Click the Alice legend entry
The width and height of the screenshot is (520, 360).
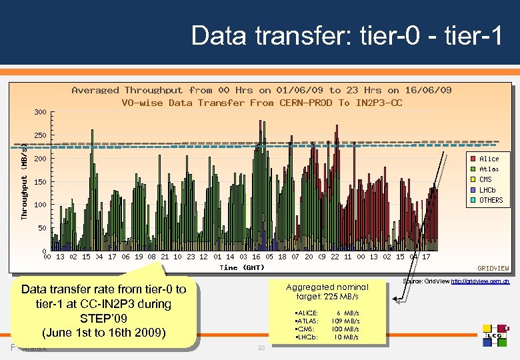[x=488, y=159]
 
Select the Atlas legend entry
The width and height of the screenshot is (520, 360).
[x=488, y=169]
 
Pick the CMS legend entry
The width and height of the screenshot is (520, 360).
[x=485, y=179]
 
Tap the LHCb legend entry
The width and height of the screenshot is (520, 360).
[x=487, y=190]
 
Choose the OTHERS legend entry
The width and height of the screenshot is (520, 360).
[x=490, y=200]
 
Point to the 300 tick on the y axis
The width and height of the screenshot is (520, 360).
[x=40, y=112]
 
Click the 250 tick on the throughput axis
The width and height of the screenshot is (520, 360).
[x=40, y=135]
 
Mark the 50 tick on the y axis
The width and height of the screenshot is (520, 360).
[x=42, y=228]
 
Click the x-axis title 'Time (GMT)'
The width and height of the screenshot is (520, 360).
[x=242, y=267]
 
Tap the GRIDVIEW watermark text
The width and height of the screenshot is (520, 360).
[x=493, y=268]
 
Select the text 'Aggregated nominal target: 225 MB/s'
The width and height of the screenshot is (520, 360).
[x=327, y=291]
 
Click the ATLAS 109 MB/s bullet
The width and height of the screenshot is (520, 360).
[x=327, y=321]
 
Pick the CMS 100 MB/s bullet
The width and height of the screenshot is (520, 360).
[x=327, y=329]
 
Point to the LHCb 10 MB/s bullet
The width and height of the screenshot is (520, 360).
[x=327, y=337]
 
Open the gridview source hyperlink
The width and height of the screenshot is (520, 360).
[x=481, y=282]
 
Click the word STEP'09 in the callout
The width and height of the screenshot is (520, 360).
[x=103, y=317]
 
